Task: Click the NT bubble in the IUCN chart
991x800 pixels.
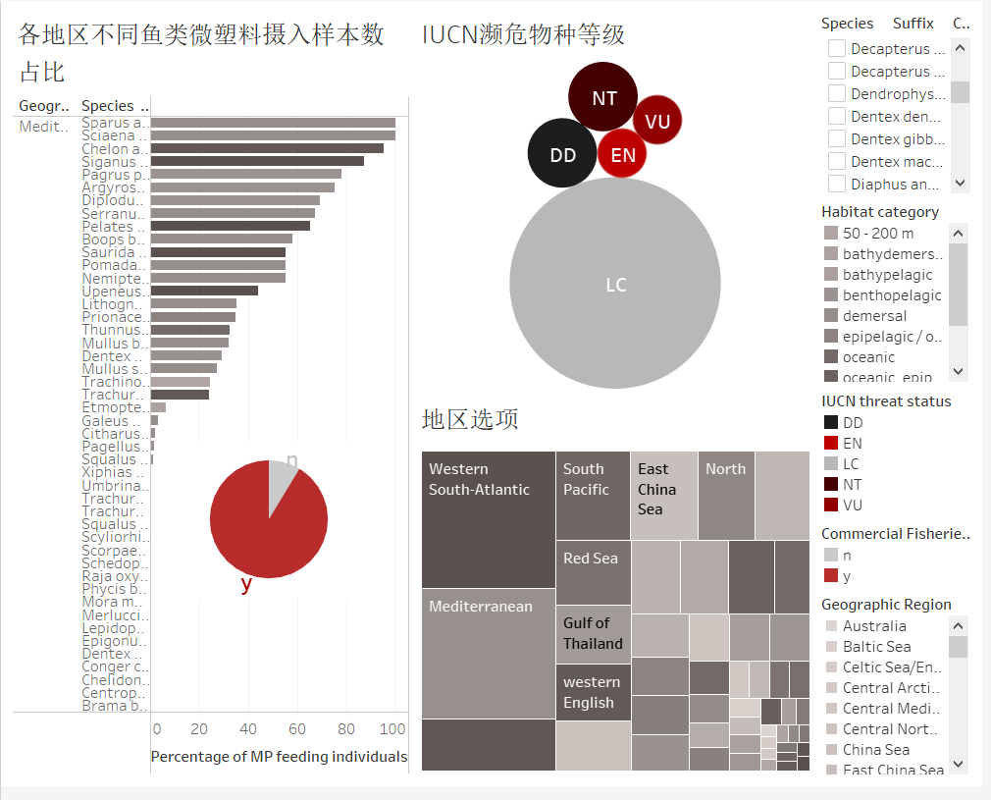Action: point(603,97)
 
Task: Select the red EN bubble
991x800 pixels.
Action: point(622,154)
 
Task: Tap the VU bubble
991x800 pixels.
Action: point(657,121)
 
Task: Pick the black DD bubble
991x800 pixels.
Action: point(562,154)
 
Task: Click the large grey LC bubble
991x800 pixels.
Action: point(615,284)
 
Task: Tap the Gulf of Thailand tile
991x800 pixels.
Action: point(593,634)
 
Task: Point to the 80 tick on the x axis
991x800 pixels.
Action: point(346,729)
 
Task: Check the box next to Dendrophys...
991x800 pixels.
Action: point(837,93)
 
